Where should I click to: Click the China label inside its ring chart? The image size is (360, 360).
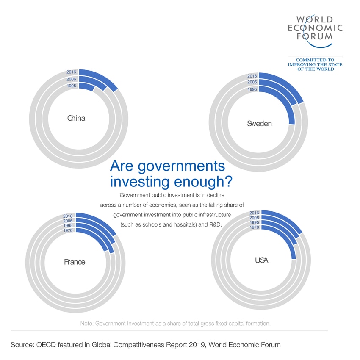[76, 118]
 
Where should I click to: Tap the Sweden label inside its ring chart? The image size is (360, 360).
[259, 124]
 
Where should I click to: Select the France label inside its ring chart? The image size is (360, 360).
[75, 262]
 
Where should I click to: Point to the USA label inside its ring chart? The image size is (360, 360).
[261, 260]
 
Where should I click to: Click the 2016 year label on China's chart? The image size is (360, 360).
[71, 72]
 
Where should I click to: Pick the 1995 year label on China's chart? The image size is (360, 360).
[71, 86]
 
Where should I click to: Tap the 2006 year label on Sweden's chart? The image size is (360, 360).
[252, 82]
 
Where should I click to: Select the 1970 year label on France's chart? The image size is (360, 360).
[68, 230]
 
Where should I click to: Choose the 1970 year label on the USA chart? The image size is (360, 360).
[254, 227]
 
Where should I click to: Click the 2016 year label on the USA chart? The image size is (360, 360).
[254, 213]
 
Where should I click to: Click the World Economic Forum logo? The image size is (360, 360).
[315, 28]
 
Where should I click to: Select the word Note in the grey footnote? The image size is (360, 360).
[87, 324]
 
